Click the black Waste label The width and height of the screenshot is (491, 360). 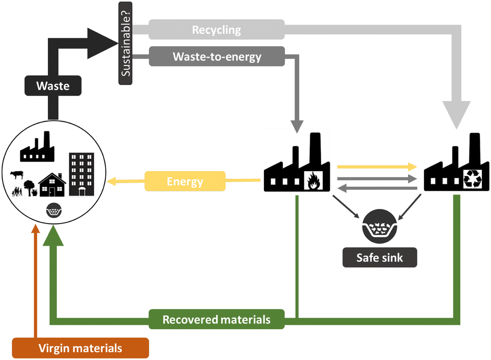53,86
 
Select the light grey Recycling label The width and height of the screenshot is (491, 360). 217,30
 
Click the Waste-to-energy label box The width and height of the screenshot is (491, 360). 217,56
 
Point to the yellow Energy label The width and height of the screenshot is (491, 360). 185,181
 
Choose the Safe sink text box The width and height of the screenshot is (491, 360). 380,258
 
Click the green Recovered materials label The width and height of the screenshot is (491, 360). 217,320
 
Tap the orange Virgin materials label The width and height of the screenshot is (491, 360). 81,348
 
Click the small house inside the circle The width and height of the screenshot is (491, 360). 52,185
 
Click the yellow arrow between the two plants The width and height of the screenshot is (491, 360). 377,166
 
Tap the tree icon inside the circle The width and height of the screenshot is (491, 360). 29,188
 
